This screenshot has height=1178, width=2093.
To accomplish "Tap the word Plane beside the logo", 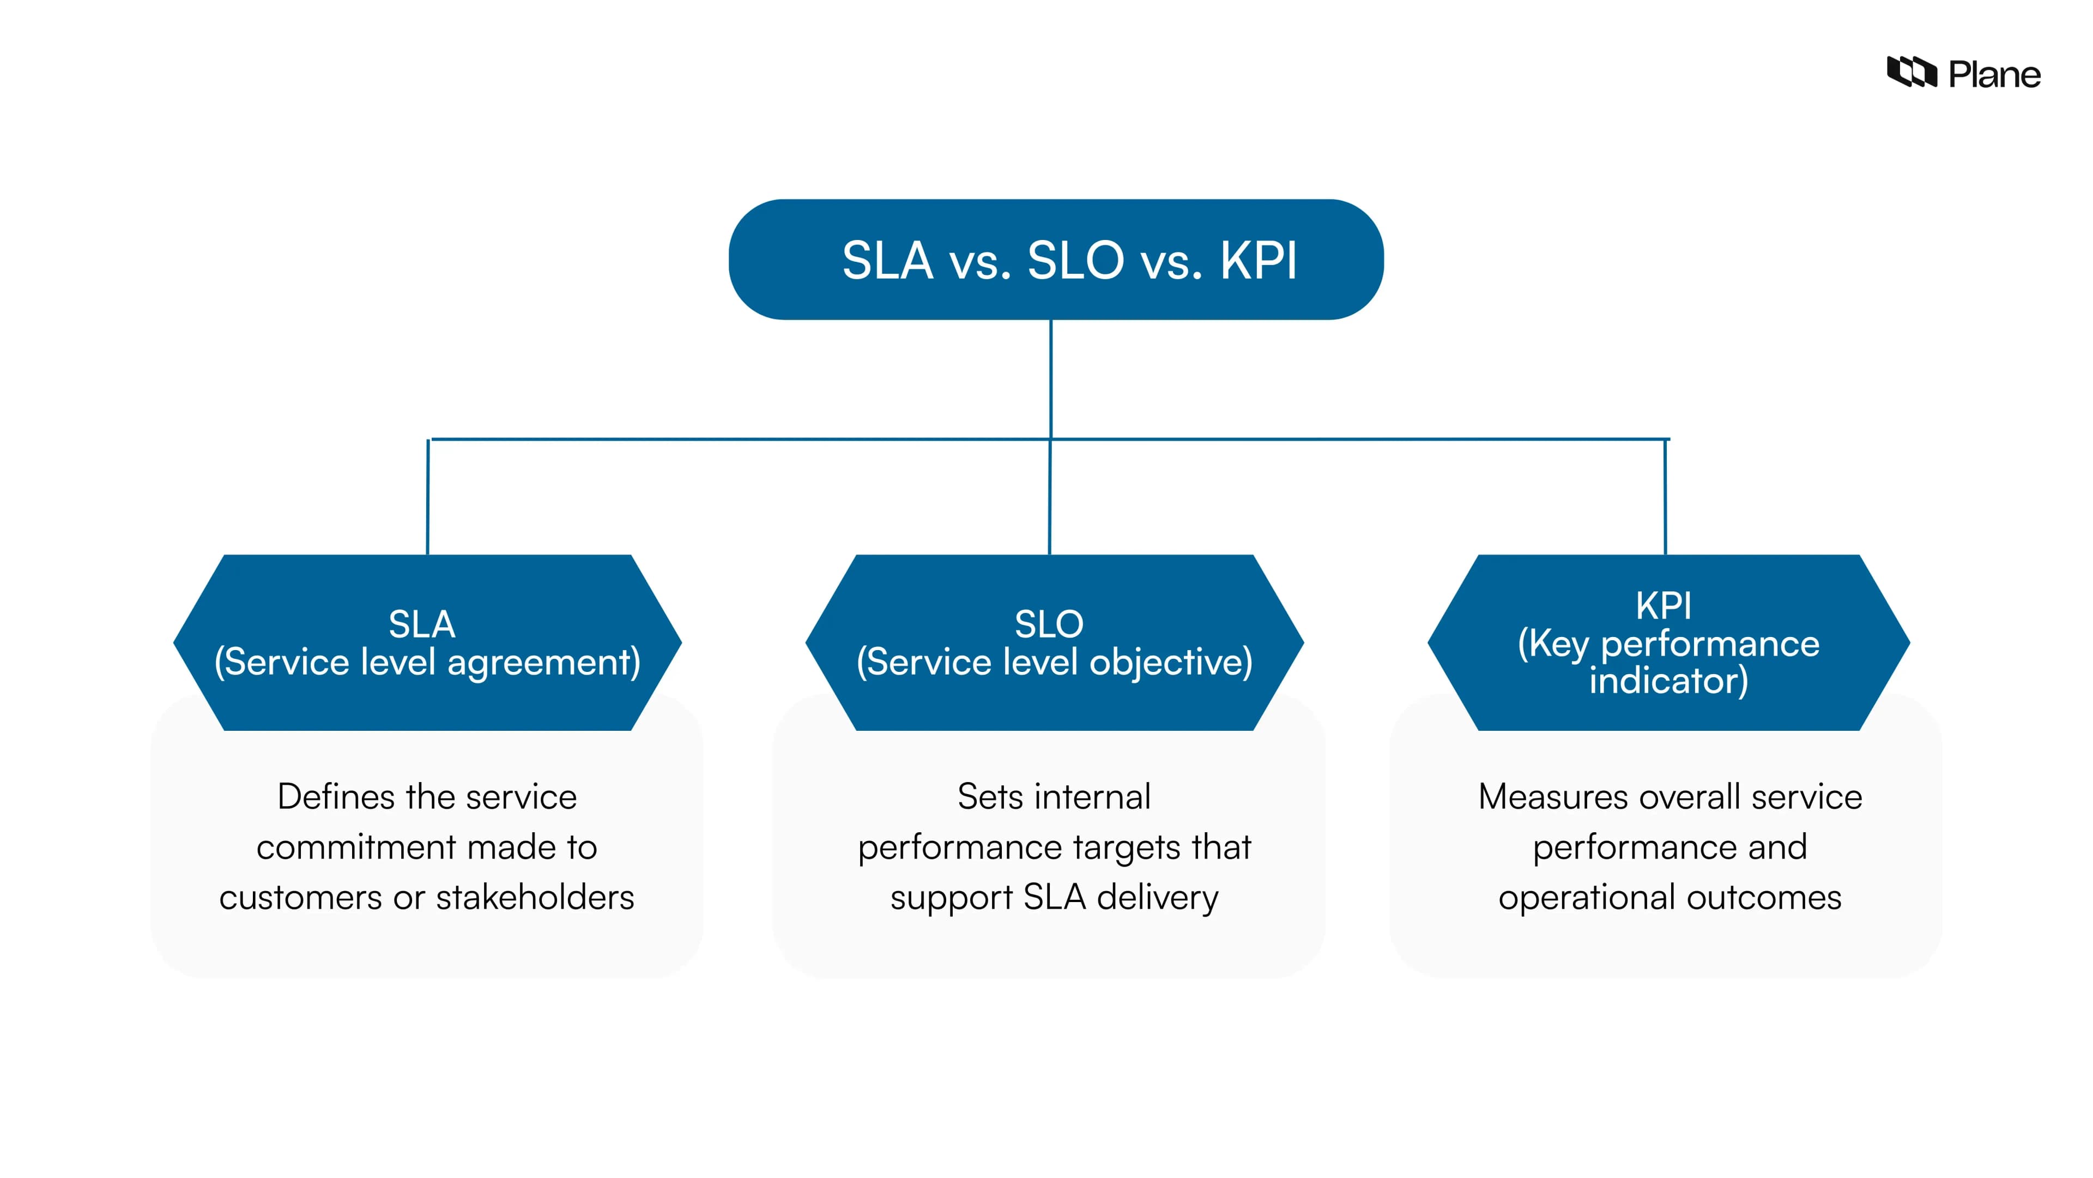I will pos(1995,75).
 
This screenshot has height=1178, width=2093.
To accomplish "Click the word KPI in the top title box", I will pos(1258,261).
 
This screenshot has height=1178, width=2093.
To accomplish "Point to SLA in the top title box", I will pos(887,261).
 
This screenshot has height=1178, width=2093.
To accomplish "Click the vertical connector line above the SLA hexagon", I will pos(428,497).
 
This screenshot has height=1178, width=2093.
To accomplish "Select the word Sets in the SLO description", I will pos(984,797).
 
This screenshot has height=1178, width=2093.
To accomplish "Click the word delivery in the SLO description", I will pos(1157,898).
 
